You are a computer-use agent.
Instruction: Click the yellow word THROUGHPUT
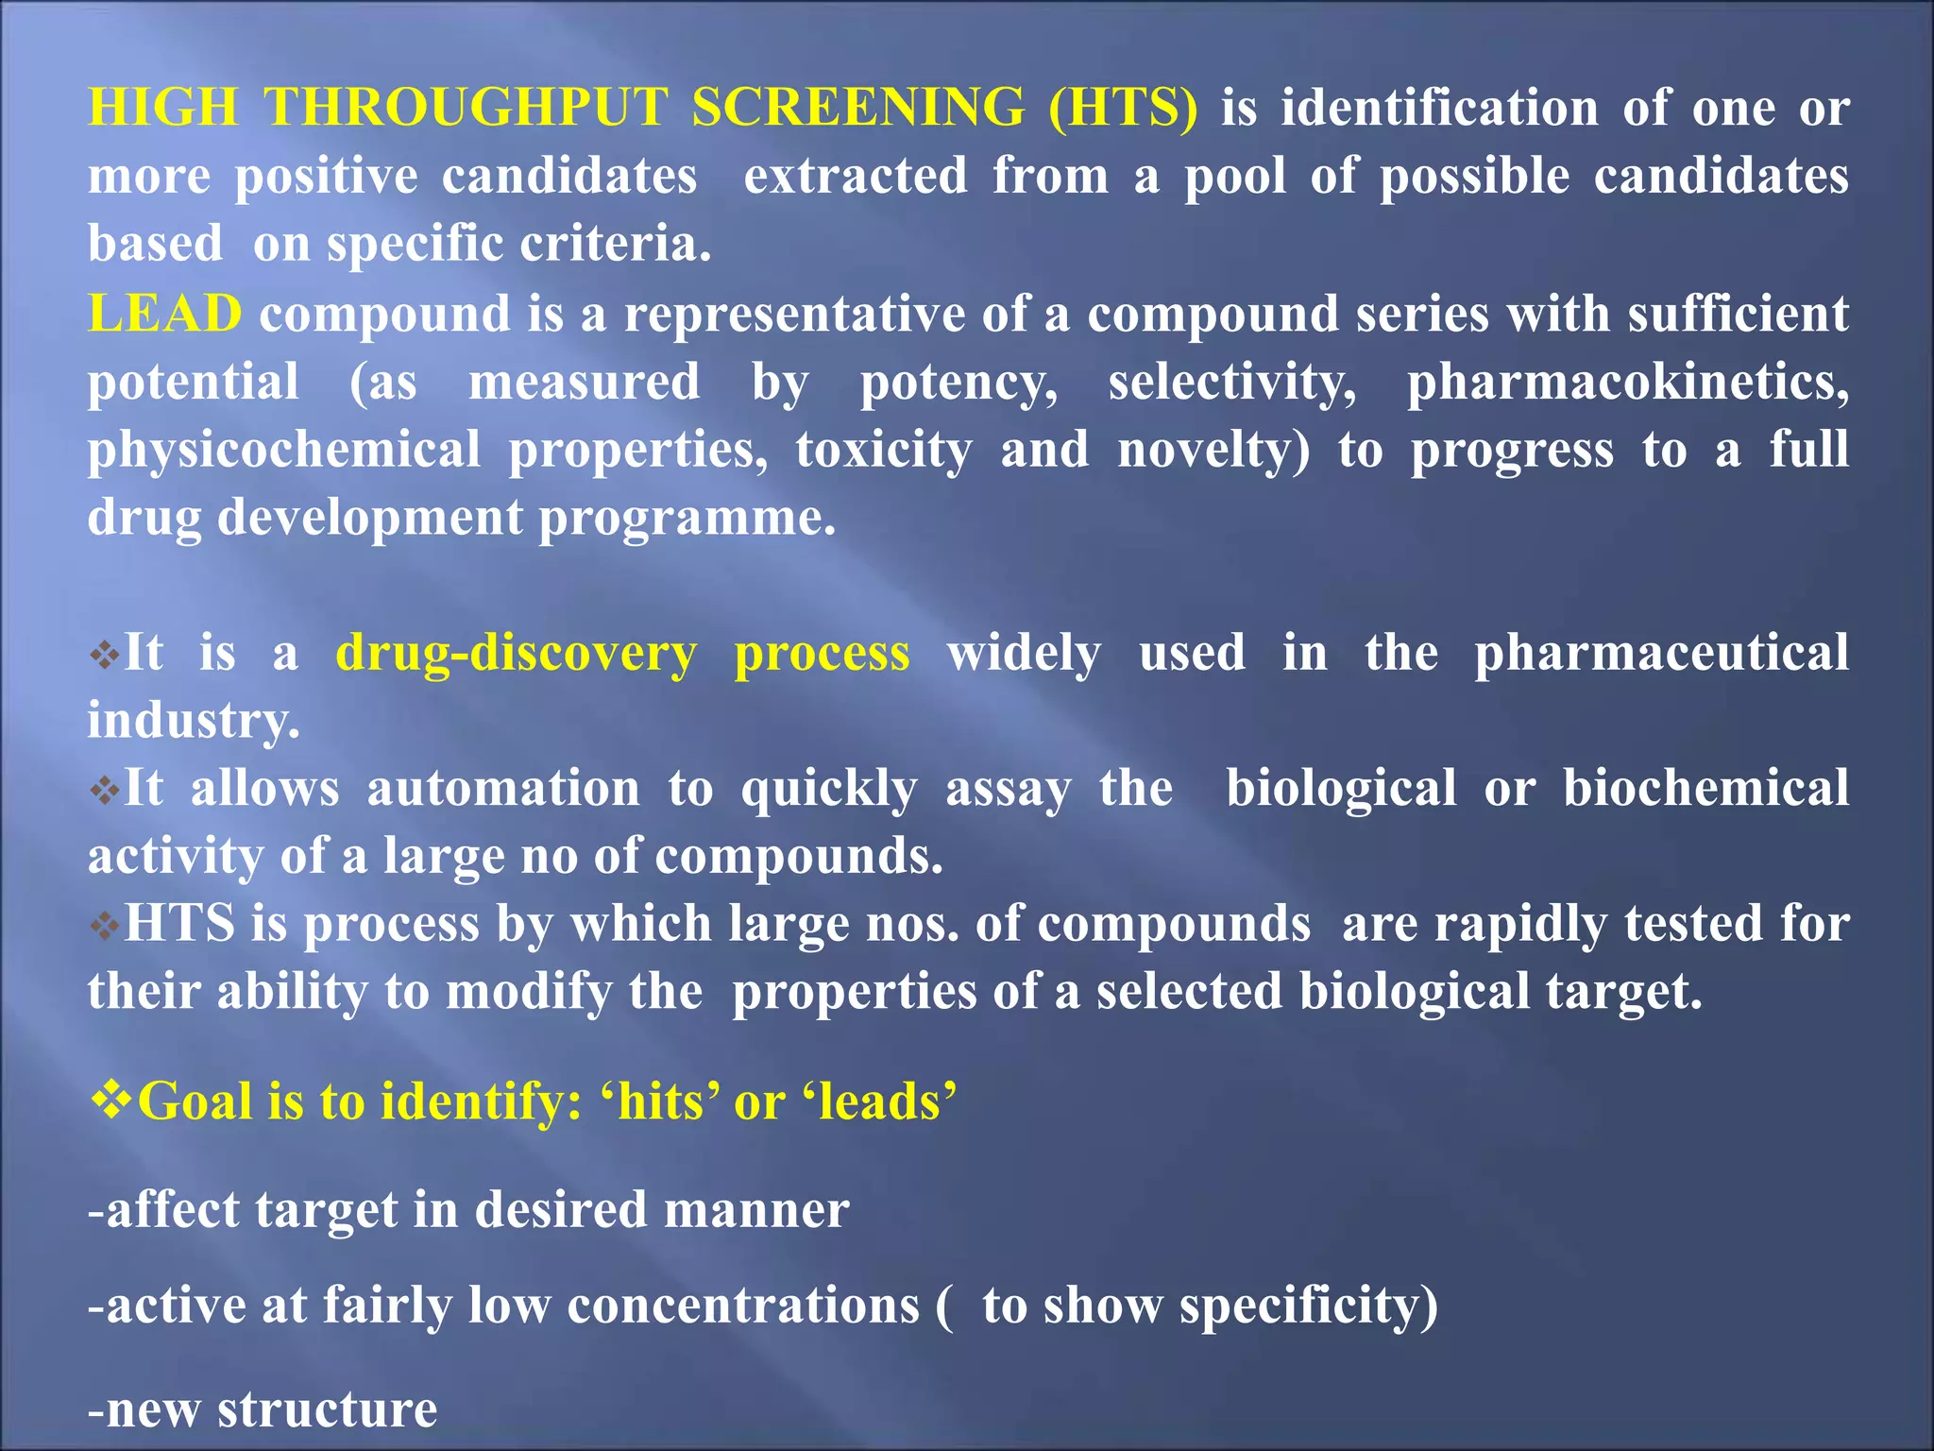click(466, 107)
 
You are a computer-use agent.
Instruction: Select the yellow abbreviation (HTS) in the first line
click(1123, 107)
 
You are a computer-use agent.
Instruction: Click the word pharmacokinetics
click(1627, 382)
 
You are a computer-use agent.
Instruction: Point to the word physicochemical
click(283, 450)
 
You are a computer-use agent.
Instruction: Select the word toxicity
click(883, 450)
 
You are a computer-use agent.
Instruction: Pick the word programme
click(687, 518)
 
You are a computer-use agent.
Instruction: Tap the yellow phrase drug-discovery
click(517, 653)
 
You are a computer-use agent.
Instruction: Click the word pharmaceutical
click(1661, 653)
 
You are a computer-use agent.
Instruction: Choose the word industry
click(194, 721)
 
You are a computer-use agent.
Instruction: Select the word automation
click(503, 788)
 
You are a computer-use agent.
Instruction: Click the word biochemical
click(1705, 788)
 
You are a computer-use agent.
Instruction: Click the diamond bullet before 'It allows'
click(104, 789)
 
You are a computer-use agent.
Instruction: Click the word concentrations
click(743, 1306)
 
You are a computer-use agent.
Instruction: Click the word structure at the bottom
click(327, 1409)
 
